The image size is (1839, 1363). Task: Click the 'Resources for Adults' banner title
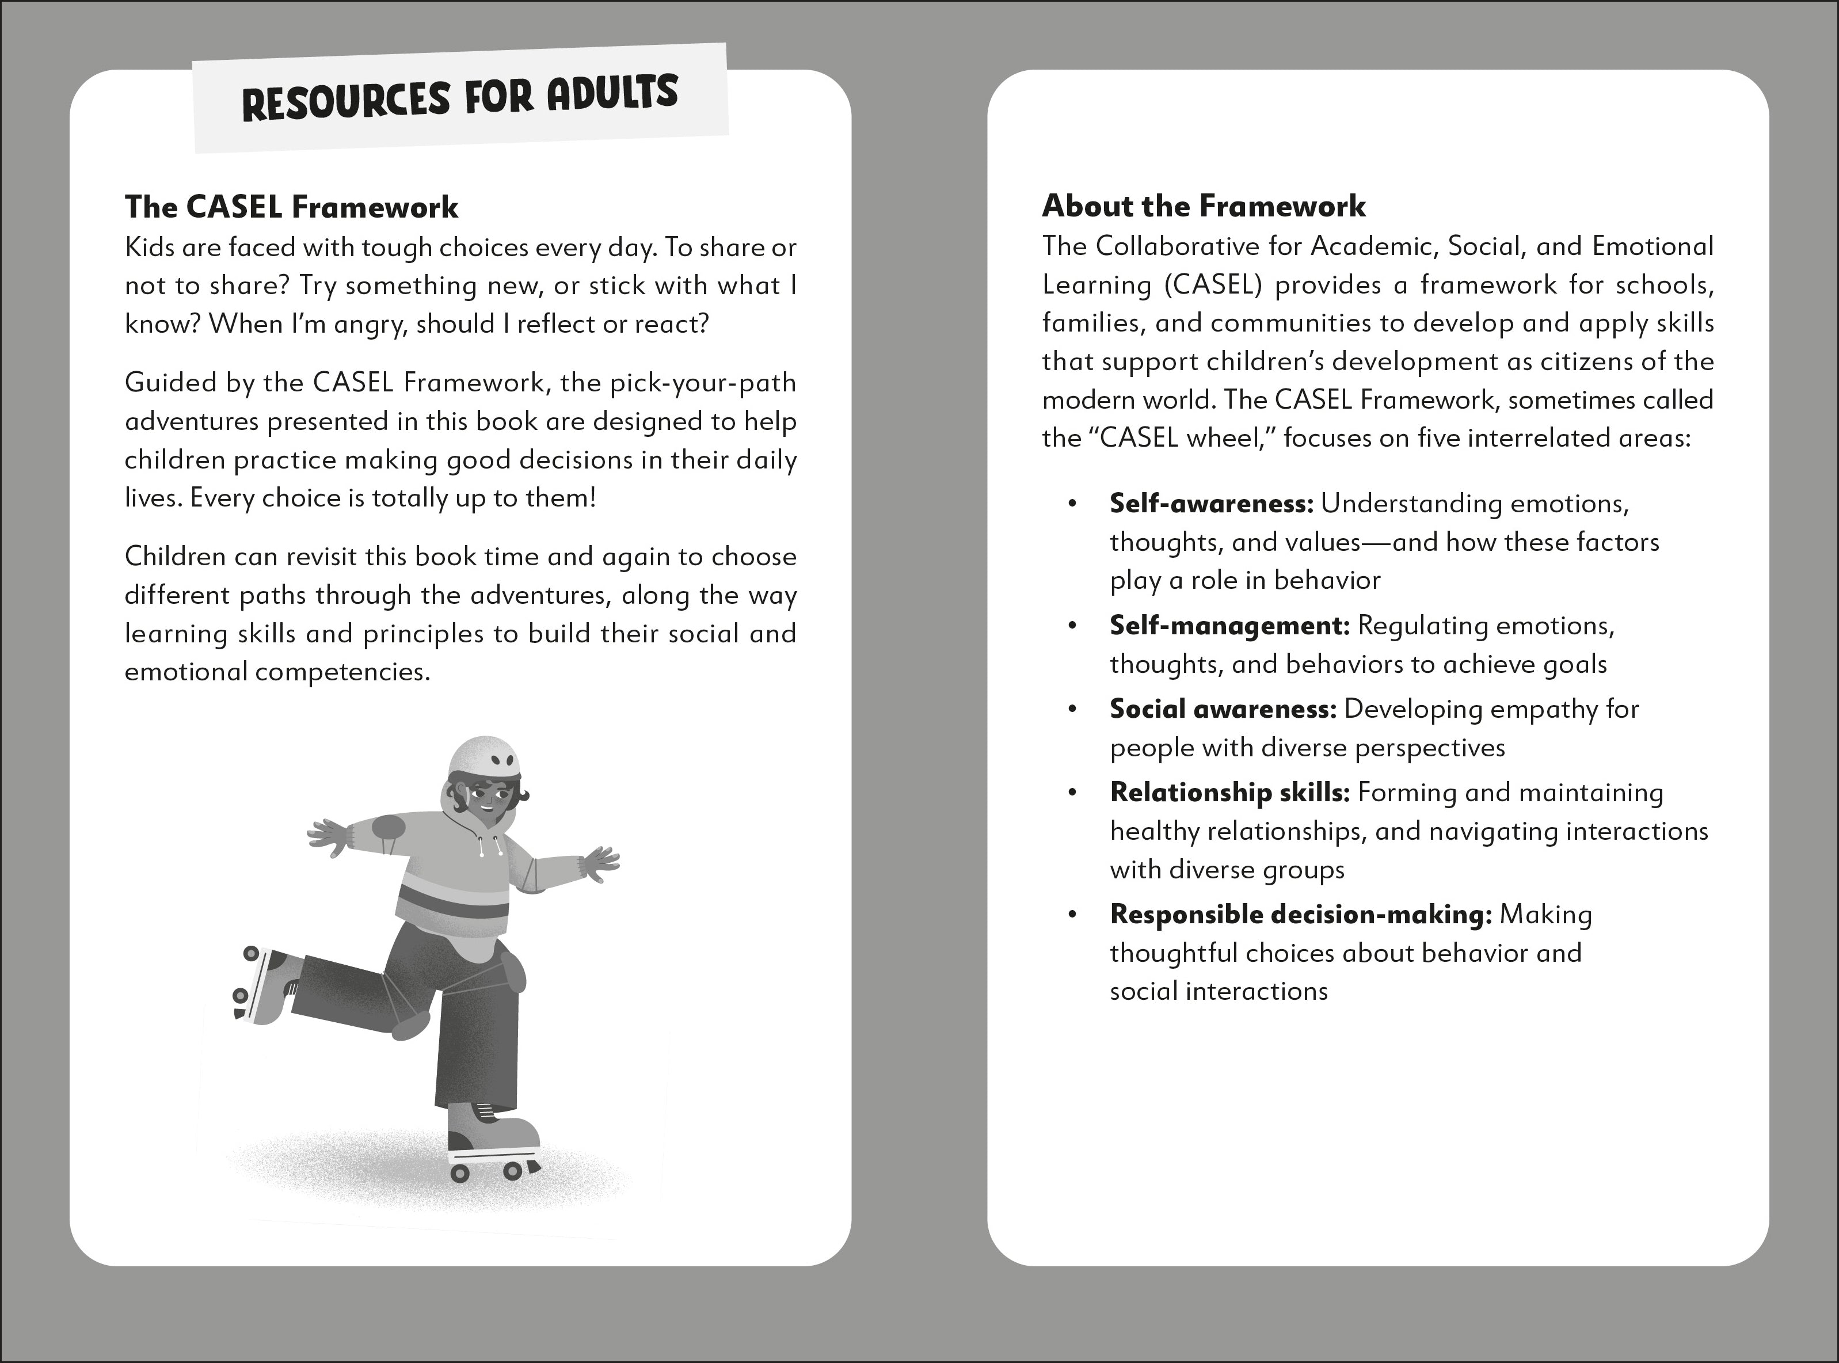coord(459,97)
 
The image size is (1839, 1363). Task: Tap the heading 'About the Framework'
coord(1204,206)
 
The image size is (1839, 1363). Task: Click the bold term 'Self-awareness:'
coord(1210,503)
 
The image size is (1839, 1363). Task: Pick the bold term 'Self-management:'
coord(1228,626)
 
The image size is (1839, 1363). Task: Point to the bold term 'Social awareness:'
coord(1222,709)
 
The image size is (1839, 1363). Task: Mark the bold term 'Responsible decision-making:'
coord(1300,914)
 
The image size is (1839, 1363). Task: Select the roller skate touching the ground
coord(493,1143)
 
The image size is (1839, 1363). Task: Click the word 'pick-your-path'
coord(703,383)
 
